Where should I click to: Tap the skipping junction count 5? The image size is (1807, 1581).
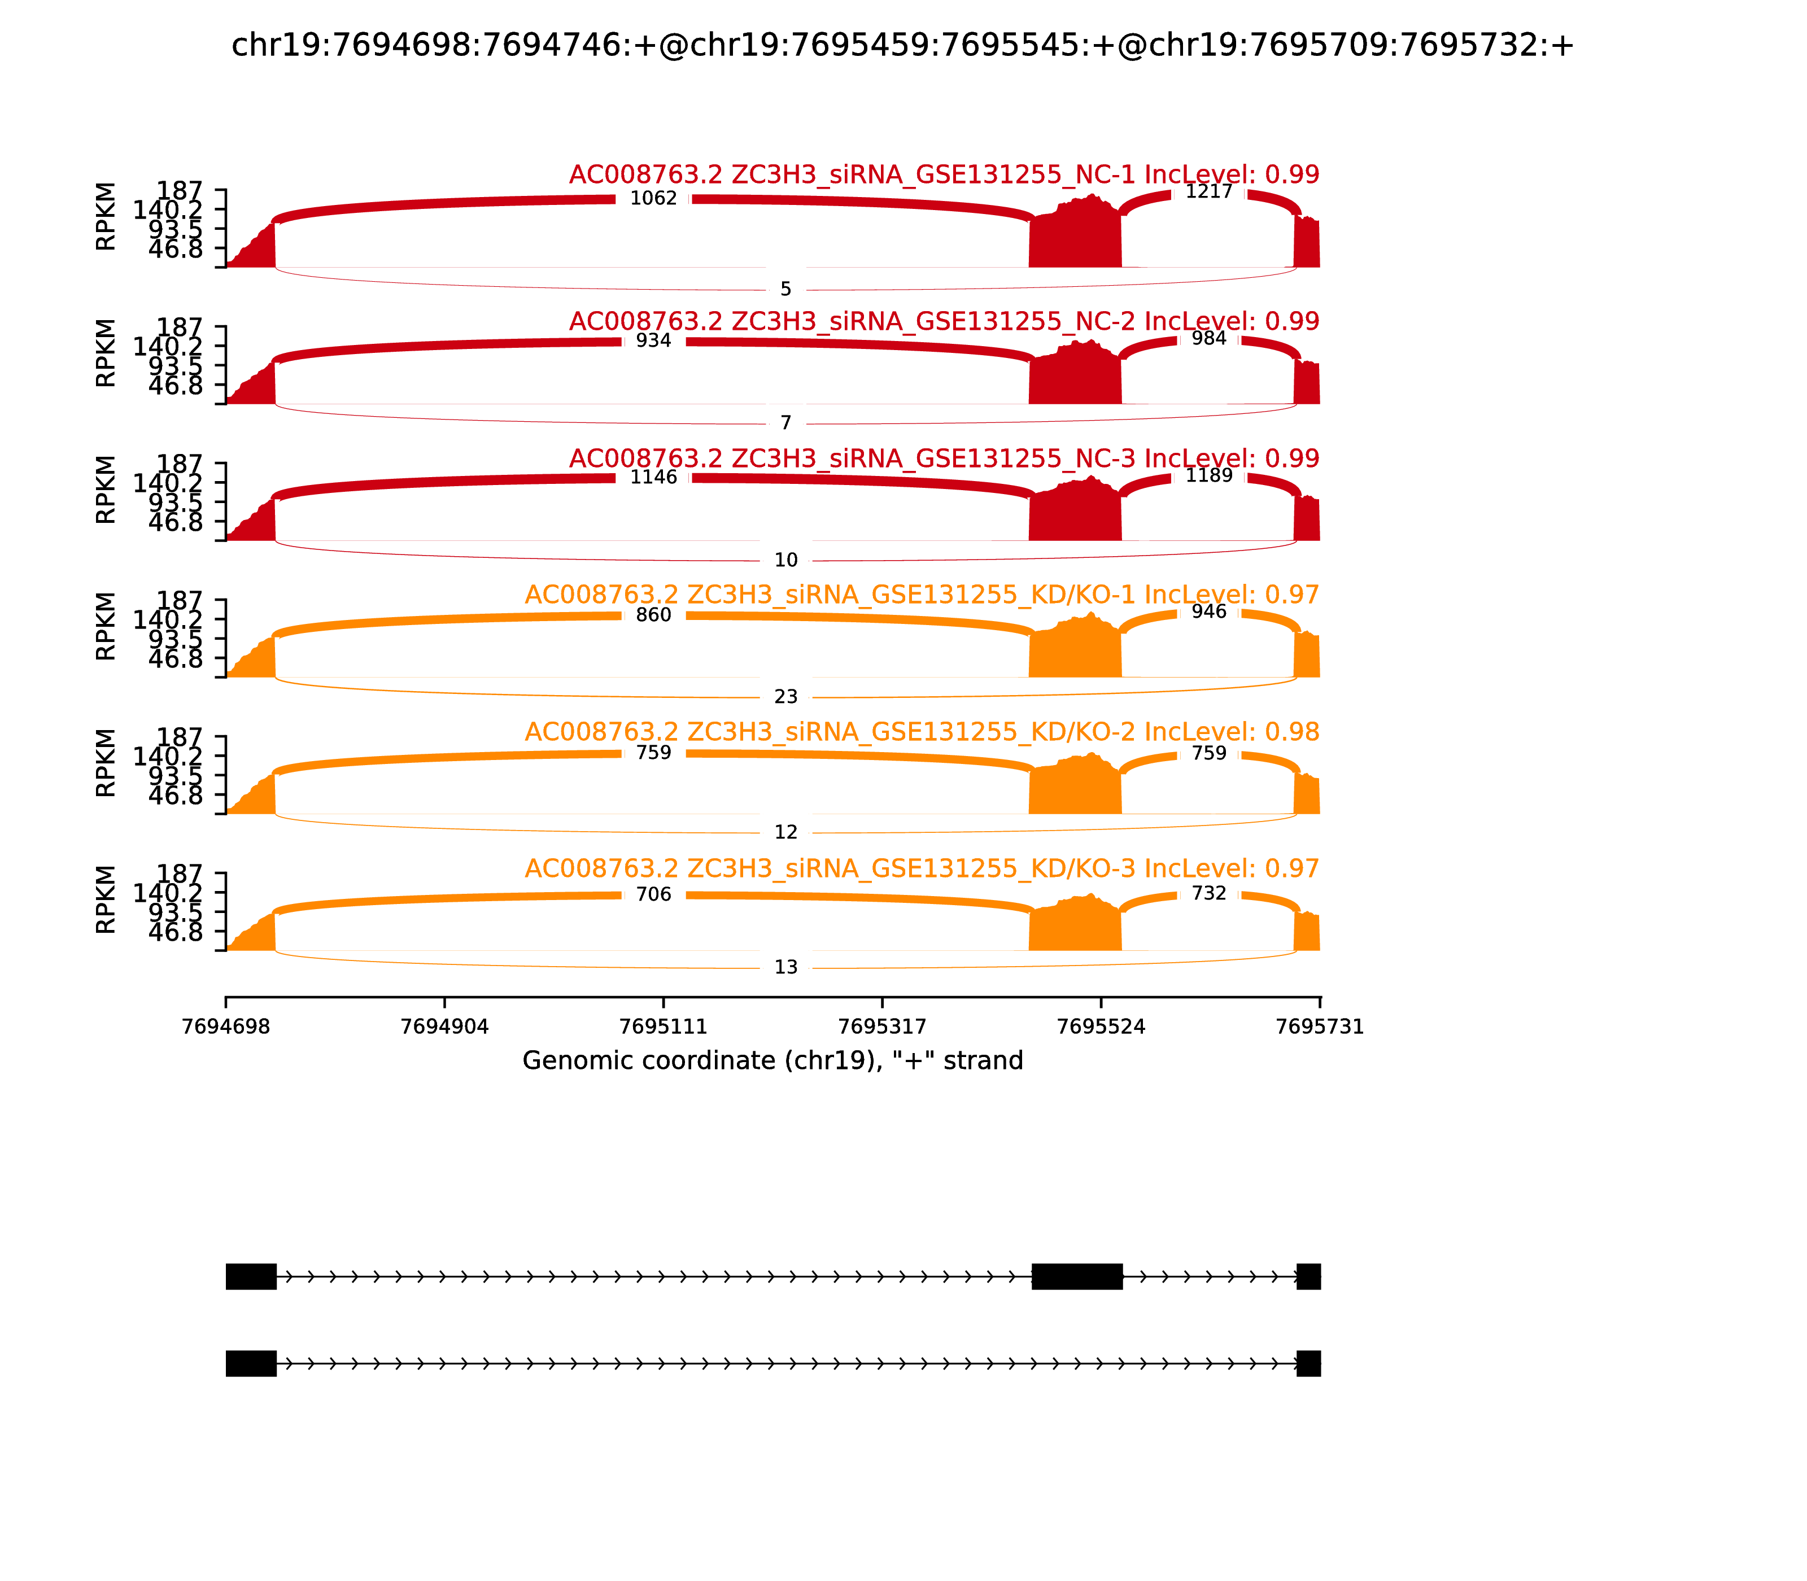785,289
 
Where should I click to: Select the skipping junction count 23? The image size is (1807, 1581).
785,697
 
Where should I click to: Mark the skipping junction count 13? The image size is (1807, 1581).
785,968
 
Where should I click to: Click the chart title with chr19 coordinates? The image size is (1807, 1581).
902,46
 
